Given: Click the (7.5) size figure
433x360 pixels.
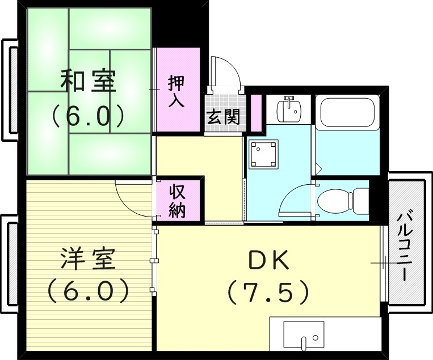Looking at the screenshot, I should pos(268,293).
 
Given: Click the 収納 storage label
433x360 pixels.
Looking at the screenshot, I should pos(178,201).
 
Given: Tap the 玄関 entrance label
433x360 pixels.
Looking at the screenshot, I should pos(222,117).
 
